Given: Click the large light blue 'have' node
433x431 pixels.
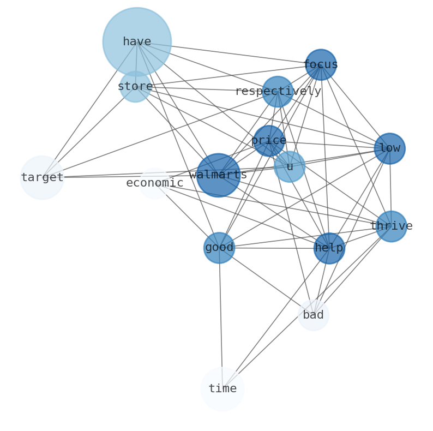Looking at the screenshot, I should (137, 41).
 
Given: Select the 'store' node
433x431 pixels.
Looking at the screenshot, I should (135, 87).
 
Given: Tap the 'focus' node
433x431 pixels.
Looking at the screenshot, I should (321, 65).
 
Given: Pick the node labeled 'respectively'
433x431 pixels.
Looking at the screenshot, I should (278, 92).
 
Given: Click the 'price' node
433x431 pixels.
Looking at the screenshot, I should (269, 141).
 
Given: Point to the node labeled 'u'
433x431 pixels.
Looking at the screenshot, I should (290, 167).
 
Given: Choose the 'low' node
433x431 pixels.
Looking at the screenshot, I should (389, 148).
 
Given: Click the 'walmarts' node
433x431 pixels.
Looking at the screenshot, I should (218, 175).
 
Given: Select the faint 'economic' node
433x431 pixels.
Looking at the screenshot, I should (154, 183).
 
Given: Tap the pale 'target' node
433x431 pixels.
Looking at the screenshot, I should (42, 178).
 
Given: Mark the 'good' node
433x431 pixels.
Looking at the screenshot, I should (219, 248).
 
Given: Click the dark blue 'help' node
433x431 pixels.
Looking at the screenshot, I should (329, 248).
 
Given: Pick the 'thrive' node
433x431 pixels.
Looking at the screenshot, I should (391, 226).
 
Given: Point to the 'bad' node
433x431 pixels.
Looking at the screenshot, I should (314, 315).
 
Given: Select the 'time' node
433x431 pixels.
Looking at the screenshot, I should (222, 389).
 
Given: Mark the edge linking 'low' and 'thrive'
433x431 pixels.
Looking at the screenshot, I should (390, 187).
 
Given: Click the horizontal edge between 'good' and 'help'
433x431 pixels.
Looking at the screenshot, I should (274, 248).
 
